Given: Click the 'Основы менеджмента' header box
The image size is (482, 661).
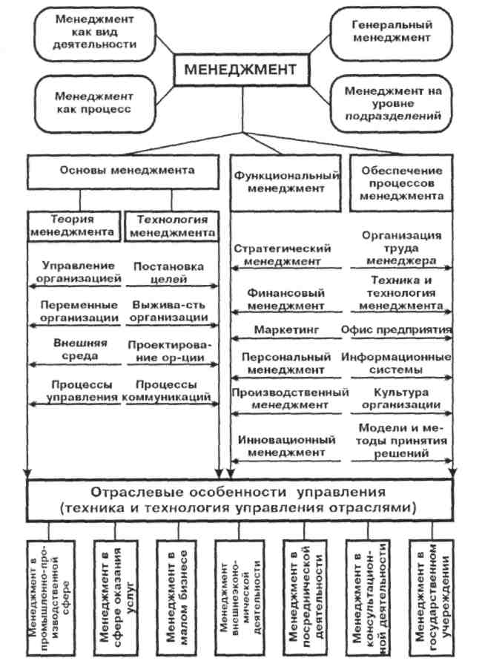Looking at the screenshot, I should tap(125, 171).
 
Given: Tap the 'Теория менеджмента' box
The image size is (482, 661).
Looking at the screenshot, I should tap(72, 226).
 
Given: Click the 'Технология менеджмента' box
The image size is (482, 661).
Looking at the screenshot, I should tap(171, 226).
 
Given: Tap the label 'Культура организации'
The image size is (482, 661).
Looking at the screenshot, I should tap(400, 398).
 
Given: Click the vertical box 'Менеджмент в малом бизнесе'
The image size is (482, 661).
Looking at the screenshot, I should tap(176, 593).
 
